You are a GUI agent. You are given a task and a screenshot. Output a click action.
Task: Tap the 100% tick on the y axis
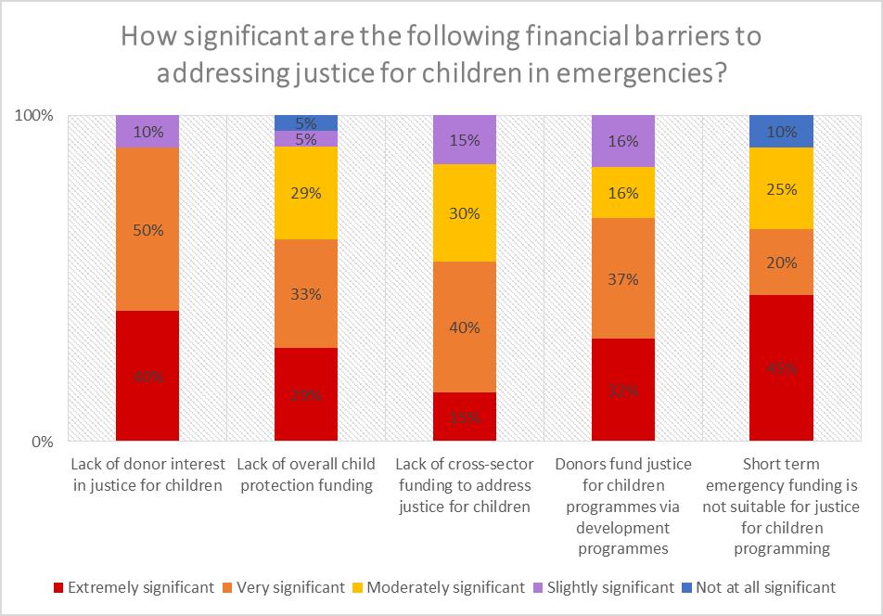coord(36,116)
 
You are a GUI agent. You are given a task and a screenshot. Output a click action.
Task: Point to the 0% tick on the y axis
coord(43,442)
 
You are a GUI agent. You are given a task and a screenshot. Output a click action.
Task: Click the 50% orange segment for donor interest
coord(147,229)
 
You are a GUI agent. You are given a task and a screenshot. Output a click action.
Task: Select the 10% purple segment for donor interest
coord(147,131)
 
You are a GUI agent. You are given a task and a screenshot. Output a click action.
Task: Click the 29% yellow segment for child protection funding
coord(306,193)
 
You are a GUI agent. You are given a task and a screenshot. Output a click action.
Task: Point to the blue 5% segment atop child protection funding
coord(306,122)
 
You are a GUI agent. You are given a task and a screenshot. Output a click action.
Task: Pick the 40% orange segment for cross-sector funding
coord(464,327)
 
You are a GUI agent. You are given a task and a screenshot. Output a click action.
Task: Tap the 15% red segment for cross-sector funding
coord(464,417)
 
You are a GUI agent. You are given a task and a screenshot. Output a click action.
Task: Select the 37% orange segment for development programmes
coord(622,278)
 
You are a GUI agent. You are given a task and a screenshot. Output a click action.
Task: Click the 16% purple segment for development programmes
coord(622,141)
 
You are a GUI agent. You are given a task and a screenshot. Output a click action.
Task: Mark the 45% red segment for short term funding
coord(781,367)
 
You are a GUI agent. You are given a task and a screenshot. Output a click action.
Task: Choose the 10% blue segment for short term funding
coord(781,131)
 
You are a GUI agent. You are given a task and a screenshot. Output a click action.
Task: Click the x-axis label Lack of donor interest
coord(147,473)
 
